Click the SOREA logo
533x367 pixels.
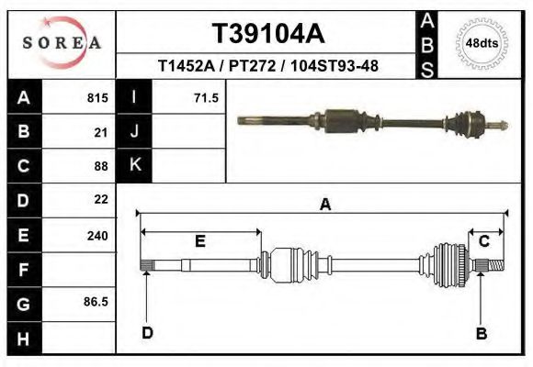(61, 42)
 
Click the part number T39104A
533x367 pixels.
(267, 33)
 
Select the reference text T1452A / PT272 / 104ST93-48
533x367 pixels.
(268, 66)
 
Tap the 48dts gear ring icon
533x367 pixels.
(482, 42)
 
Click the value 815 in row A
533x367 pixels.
(97, 97)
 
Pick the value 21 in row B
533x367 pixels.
(101, 132)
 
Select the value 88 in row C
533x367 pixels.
(101, 167)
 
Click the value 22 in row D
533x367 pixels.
(101, 199)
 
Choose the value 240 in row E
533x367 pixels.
(97, 236)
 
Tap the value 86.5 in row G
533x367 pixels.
(96, 301)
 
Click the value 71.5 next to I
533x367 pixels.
(206, 97)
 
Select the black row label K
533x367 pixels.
(135, 165)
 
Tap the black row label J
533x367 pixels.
(135, 131)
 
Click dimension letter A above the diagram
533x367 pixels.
(324, 206)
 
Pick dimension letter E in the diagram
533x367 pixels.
(199, 241)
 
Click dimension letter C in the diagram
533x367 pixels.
(483, 240)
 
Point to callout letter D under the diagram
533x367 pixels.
(147, 332)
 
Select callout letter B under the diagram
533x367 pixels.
(481, 333)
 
